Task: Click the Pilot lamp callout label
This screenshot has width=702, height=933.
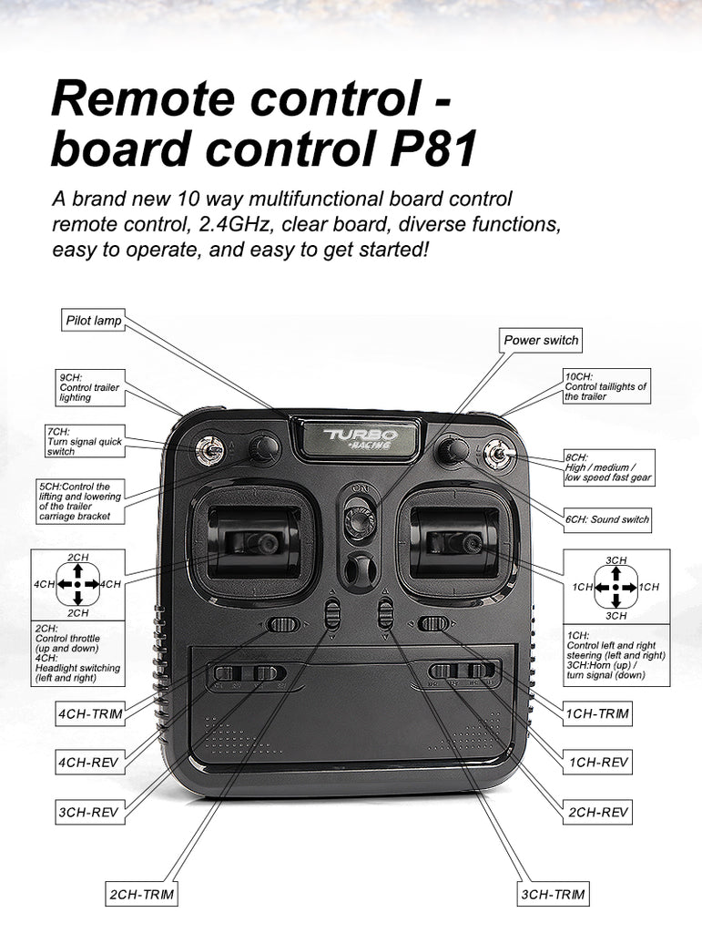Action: [x=93, y=321]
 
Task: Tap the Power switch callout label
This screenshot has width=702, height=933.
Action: [x=541, y=340]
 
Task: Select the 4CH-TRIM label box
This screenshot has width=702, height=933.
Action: [x=88, y=713]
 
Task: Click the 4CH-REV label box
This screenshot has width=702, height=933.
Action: [x=88, y=762]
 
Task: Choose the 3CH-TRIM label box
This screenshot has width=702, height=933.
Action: [x=553, y=895]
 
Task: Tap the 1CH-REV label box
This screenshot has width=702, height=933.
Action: [x=598, y=762]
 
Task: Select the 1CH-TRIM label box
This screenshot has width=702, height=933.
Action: [x=597, y=713]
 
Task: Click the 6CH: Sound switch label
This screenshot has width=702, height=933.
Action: [x=606, y=519]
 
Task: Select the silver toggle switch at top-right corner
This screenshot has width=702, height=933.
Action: [x=499, y=453]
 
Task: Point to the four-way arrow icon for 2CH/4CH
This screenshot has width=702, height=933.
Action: [x=78, y=583]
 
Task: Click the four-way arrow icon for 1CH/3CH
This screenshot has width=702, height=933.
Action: [x=616, y=588]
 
